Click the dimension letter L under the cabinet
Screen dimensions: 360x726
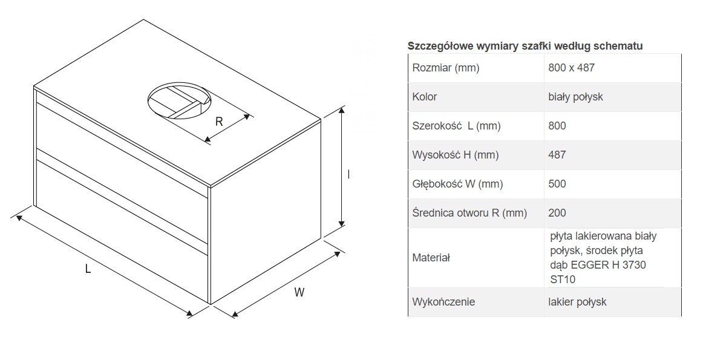click(x=88, y=270)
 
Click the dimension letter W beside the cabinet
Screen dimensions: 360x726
click(x=299, y=293)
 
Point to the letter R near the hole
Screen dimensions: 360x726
click(x=219, y=121)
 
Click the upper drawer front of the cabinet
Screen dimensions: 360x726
click(x=121, y=145)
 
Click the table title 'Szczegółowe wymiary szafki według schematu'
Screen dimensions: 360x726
click(x=525, y=46)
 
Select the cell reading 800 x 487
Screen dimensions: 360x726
click(x=571, y=68)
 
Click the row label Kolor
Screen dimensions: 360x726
click(x=425, y=97)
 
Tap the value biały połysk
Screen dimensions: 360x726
click(x=575, y=97)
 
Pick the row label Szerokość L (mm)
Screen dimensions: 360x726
click(x=456, y=126)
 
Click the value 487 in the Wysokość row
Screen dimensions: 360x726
click(x=557, y=155)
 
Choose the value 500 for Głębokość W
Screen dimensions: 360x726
click(x=557, y=184)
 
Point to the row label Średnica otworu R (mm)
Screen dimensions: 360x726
click(x=469, y=213)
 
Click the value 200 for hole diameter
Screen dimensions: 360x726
click(x=557, y=213)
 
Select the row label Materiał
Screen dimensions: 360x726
click(x=431, y=258)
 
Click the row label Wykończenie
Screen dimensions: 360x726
click(x=443, y=301)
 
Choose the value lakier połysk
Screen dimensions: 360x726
click(x=577, y=301)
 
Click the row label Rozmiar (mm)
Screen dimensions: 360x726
click(x=445, y=68)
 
